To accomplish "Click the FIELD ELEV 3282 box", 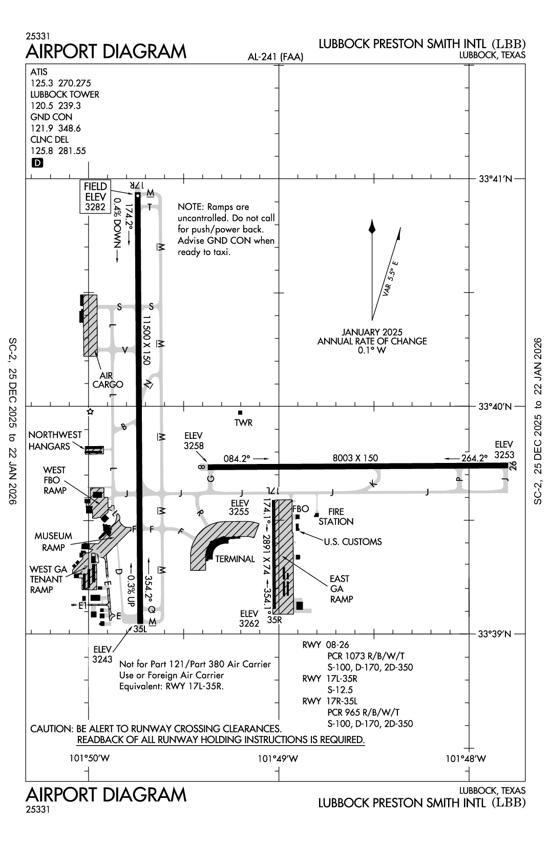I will [x=96, y=197].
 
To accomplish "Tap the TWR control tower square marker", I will [x=240, y=413].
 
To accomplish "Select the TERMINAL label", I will [x=235, y=559].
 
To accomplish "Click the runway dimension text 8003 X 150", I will [x=355, y=458].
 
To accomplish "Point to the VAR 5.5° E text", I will [x=390, y=280].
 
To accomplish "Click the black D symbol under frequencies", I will [x=37, y=163].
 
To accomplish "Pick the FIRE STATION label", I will [x=336, y=517].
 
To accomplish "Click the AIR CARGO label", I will [x=108, y=380].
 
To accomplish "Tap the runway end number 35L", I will [x=140, y=630].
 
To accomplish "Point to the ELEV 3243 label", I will [x=102, y=654].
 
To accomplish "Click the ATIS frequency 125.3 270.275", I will [x=60, y=83].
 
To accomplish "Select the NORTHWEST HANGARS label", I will [x=55, y=440].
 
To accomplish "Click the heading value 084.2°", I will [x=236, y=458].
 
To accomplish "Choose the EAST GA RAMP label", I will [x=341, y=589].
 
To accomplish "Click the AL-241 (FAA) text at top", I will [x=275, y=57].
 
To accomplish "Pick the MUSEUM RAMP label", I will [x=53, y=542].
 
